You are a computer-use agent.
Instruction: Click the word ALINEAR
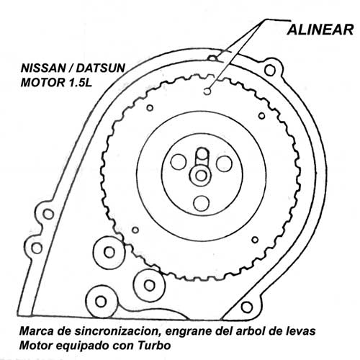(x=320, y=30)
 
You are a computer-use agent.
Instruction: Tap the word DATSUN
(x=101, y=68)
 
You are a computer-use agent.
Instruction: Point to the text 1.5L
(x=81, y=83)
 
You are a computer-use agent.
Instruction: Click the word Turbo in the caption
(x=154, y=346)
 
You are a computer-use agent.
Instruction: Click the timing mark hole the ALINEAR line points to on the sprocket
(x=207, y=91)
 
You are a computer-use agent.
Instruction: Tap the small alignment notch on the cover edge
(x=212, y=58)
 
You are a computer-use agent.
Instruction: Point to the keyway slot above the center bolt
(x=202, y=156)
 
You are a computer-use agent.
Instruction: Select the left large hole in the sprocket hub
(x=179, y=161)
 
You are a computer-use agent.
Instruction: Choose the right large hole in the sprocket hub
(x=224, y=163)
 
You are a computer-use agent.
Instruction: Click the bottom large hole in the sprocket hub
(x=201, y=203)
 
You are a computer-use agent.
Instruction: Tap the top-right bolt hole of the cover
(x=270, y=70)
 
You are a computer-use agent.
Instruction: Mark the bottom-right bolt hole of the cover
(x=246, y=307)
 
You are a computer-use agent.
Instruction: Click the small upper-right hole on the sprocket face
(x=262, y=116)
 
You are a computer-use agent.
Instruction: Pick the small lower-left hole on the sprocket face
(x=135, y=230)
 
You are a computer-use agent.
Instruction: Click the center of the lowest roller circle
(x=101, y=302)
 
